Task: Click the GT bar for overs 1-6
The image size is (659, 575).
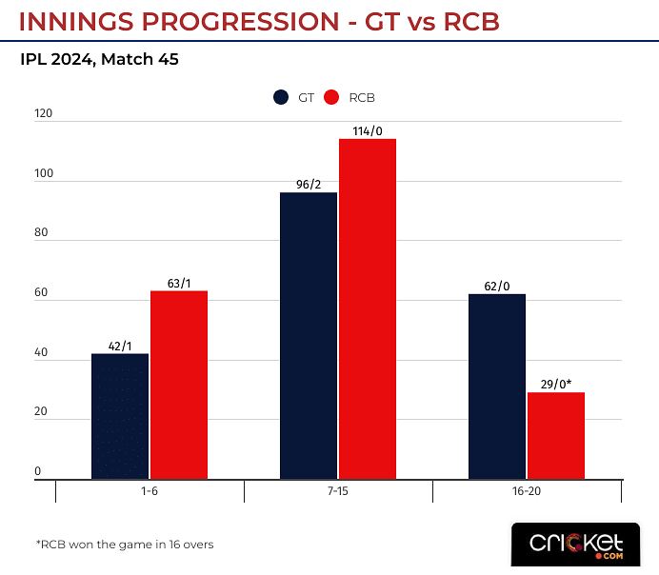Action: [x=120, y=416]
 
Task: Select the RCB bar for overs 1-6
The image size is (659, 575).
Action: [x=178, y=385]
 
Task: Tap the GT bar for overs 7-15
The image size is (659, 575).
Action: [x=309, y=335]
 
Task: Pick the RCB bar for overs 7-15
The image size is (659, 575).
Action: [x=367, y=308]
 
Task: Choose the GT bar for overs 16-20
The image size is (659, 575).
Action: [x=497, y=386]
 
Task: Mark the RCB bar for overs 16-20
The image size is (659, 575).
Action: [x=555, y=435]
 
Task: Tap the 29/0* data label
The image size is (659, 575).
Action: [x=556, y=384]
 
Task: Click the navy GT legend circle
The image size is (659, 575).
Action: [x=281, y=97]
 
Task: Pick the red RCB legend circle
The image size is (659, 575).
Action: [x=332, y=97]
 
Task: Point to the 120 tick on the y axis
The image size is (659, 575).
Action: [x=44, y=114]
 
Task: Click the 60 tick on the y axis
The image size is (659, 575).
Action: [x=41, y=293]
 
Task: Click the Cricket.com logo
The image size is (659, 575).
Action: [x=575, y=545]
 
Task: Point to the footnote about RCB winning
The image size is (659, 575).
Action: [x=125, y=545]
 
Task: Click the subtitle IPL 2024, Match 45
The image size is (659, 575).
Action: [x=99, y=59]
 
